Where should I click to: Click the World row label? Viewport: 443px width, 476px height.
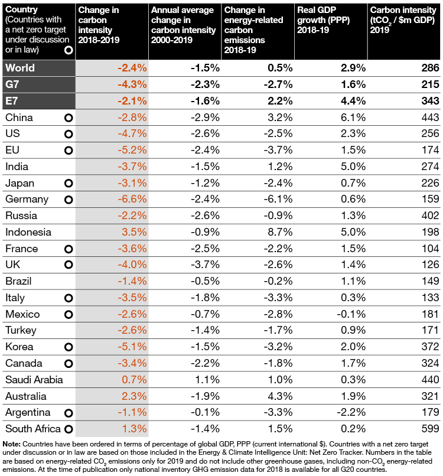20,68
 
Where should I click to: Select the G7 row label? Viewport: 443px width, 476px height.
14,84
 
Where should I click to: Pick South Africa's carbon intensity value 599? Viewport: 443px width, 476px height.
429,429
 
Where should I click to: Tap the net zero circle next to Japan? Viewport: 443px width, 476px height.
69,184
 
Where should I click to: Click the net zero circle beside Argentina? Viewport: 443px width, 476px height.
69,412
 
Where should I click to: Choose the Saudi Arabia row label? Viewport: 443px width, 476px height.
34,380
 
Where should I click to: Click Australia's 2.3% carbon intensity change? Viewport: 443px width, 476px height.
132,396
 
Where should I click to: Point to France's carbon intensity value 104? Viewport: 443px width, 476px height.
429,249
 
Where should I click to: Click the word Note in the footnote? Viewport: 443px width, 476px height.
11,444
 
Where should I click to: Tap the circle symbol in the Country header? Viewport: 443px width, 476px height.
69,51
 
